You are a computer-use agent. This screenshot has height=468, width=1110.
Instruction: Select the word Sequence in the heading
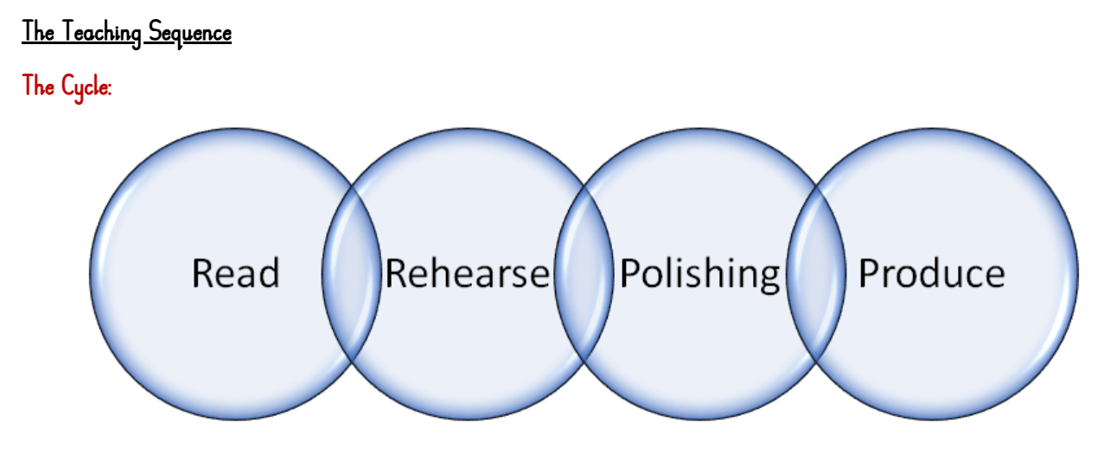point(190,33)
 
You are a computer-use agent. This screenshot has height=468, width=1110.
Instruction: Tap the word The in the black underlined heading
point(38,32)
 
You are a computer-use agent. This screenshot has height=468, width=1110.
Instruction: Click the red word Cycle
point(85,87)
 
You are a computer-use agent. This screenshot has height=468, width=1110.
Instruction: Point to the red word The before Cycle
point(38,86)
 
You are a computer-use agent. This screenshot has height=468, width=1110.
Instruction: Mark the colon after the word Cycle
point(110,89)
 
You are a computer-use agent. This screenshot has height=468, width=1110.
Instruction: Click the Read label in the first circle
point(236,273)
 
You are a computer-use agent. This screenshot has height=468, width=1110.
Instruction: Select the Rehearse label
point(467,273)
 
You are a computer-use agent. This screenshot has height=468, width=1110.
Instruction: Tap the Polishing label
point(700,274)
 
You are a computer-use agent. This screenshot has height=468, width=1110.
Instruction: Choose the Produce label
point(931,273)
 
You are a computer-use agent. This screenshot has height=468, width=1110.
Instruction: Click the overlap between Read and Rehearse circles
point(351,273)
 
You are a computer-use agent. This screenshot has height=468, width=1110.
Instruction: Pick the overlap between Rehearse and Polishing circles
point(584,273)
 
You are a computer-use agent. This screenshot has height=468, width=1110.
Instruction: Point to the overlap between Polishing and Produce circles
point(816,273)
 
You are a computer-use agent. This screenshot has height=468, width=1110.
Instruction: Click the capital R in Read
point(202,273)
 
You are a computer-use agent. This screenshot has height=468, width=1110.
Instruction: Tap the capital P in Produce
point(867,273)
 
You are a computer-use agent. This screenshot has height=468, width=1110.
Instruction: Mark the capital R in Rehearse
point(396,273)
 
